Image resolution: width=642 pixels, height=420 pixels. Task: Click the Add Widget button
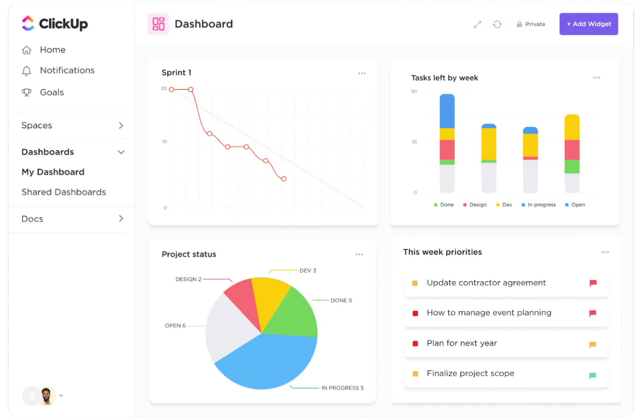tap(588, 24)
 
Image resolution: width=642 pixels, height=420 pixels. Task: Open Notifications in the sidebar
tap(67, 70)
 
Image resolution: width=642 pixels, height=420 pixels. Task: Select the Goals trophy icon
tap(27, 92)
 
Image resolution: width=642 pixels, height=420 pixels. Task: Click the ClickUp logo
tap(55, 24)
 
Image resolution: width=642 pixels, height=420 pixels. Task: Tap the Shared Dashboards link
tap(64, 192)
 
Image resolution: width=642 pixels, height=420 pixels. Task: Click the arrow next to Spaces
tap(121, 125)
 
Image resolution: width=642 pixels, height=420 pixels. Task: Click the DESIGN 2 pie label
tap(188, 279)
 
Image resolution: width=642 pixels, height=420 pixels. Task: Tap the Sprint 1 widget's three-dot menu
tap(362, 74)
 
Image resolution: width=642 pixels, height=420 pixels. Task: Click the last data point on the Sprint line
tap(284, 179)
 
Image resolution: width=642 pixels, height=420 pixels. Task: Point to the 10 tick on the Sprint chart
tap(164, 142)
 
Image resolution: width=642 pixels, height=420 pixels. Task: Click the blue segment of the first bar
tap(447, 111)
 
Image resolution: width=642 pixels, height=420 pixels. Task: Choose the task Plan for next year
tap(461, 343)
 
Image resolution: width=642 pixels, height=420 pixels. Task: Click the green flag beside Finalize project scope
tap(592, 376)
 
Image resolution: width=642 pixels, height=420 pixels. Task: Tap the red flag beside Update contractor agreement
tap(593, 283)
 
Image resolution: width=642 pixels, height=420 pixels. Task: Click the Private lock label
tap(531, 24)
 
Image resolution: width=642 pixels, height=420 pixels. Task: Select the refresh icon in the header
tap(497, 24)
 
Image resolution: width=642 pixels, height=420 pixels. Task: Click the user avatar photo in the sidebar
tap(47, 395)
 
